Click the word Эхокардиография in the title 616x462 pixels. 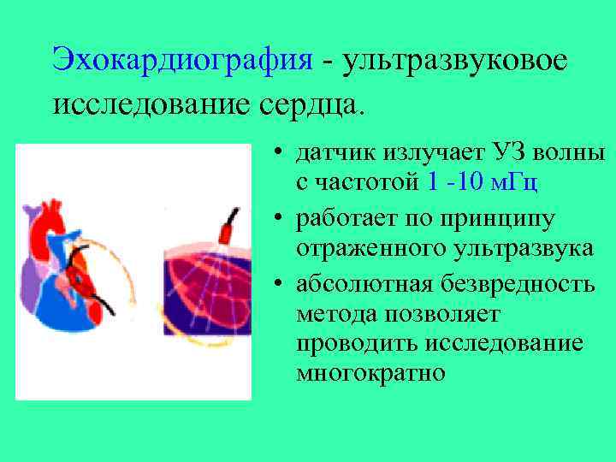click(x=182, y=60)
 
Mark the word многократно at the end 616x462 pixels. click(x=371, y=372)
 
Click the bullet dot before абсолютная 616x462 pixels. click(x=280, y=284)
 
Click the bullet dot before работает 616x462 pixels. click(x=280, y=220)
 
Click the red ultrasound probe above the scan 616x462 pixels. click(x=226, y=228)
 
